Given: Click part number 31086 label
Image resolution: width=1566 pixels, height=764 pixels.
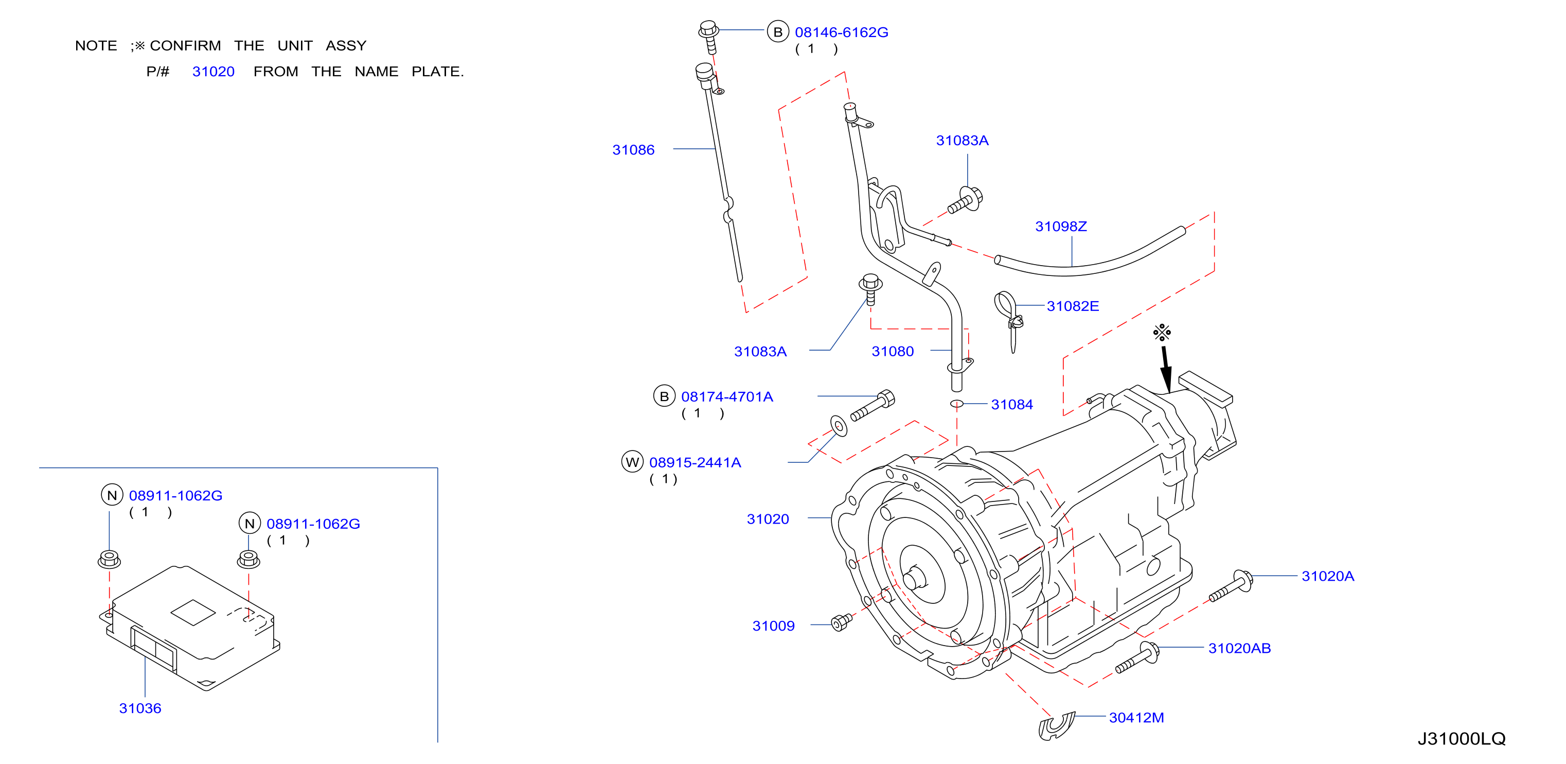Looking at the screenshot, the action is (633, 150).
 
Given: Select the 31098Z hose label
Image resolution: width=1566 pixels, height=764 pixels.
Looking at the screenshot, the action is (1061, 227).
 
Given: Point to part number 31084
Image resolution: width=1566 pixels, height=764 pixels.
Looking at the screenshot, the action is (1011, 405).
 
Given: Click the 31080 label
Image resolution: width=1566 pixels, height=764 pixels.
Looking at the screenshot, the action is (893, 351).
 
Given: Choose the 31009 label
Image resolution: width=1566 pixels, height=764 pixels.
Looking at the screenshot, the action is (773, 626).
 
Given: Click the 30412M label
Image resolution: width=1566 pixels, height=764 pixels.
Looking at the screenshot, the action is (1136, 718).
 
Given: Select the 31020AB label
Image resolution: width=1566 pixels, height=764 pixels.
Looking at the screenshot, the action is (1239, 649).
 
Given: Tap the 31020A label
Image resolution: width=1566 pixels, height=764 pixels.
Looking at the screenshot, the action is (1328, 576).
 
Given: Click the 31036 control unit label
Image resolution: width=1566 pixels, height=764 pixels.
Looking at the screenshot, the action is (140, 708).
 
